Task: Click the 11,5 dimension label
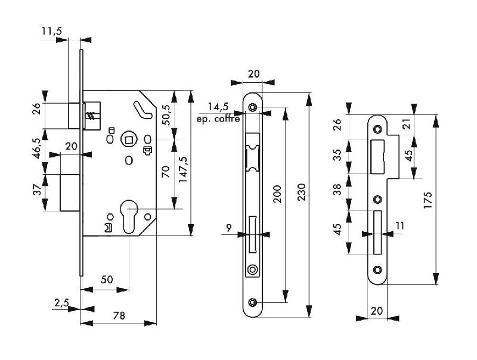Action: coord(52,32)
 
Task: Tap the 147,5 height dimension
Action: coord(182,169)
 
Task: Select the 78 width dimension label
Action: coord(119,316)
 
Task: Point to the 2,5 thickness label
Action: coord(61,303)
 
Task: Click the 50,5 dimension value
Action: coord(166,114)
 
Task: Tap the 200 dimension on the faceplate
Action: coord(277,194)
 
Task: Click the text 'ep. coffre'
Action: coord(218,119)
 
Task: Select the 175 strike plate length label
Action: coord(428,200)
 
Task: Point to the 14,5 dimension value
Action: coord(218,107)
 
